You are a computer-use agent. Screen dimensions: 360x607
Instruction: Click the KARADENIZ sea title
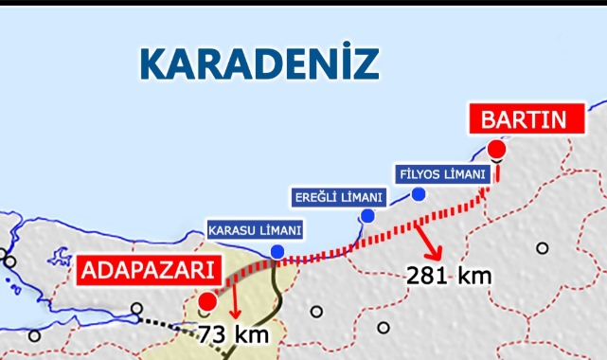pyautogui.click(x=259, y=62)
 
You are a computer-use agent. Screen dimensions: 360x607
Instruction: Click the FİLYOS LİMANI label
pyautogui.click(x=440, y=174)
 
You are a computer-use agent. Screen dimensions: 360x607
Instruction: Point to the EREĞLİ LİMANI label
pyautogui.click(x=338, y=197)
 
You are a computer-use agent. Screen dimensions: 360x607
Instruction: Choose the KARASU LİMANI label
pyautogui.click(x=255, y=230)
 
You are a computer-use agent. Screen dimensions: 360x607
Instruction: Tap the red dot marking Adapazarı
pyautogui.click(x=206, y=301)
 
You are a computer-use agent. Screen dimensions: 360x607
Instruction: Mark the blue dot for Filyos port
pyautogui.click(x=418, y=194)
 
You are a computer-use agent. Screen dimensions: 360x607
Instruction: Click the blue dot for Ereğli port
pyautogui.click(x=367, y=217)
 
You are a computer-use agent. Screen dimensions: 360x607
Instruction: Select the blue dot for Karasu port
pyautogui.click(x=277, y=251)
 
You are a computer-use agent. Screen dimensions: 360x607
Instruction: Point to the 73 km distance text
pyautogui.click(x=234, y=333)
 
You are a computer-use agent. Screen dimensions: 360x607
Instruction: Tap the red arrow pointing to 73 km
pyautogui.click(x=233, y=305)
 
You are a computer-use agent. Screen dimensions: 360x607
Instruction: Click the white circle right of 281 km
pyautogui.click(x=542, y=248)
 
